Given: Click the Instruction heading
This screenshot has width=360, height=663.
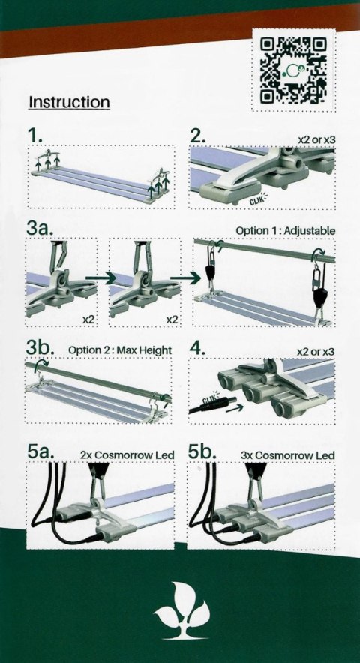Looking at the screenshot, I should (x=69, y=102).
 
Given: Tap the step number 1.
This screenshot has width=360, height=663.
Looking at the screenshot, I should (x=34, y=136).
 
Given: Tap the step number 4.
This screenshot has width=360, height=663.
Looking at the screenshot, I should (x=198, y=348).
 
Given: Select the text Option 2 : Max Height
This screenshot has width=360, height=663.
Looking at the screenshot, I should (x=119, y=349).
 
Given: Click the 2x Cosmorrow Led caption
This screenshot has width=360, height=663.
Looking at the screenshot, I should (x=127, y=454).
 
